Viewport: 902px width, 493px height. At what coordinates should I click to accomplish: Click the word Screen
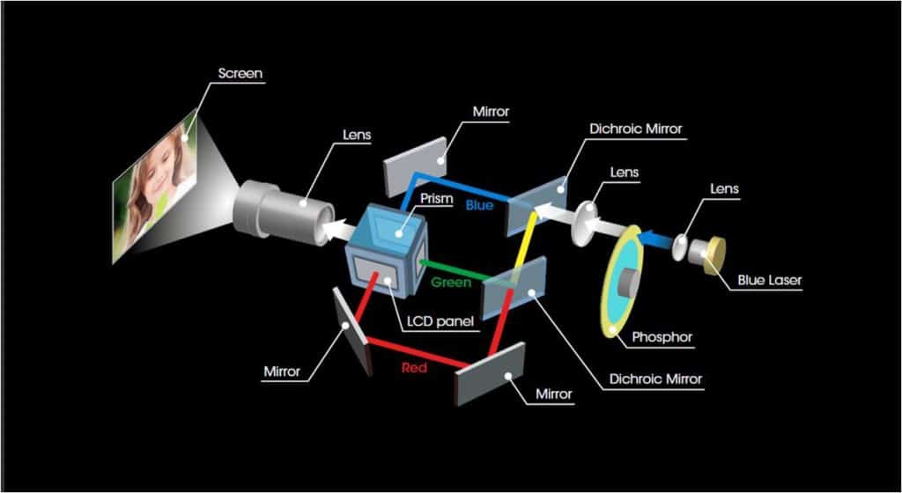point(240,74)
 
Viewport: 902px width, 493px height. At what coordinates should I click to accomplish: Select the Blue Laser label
point(769,282)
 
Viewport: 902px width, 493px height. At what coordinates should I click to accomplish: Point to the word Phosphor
point(663,336)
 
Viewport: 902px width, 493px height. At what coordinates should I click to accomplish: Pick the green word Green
point(450,283)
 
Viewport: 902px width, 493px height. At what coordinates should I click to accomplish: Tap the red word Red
point(413,367)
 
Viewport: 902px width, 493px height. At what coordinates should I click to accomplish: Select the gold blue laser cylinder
point(713,253)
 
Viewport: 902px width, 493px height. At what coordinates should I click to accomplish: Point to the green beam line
point(454,271)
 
